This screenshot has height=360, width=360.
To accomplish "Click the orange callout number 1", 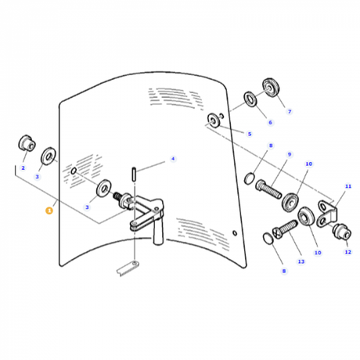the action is pos(49,211).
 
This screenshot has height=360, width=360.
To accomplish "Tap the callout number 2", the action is pos(23,168).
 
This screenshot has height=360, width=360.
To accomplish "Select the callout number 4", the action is pos(173,159).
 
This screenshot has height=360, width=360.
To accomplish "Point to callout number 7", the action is pos(290,112).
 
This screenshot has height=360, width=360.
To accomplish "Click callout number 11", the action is pos(348,186).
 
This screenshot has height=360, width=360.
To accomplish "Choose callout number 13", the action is pos(301,261).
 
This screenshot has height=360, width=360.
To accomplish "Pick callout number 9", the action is pos(290,154).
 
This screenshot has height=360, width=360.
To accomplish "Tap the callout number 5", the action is pos(250,134).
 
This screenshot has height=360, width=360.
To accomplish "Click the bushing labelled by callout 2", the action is pos(27,143).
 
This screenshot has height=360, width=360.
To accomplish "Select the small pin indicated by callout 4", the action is pos(134,173).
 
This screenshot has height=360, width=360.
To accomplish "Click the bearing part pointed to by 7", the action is pos(271,88).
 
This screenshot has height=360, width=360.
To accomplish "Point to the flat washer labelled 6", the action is pos(250,99).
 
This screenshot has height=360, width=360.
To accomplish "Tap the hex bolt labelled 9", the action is pos(268,189).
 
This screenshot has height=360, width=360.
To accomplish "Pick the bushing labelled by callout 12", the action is pos(342,232).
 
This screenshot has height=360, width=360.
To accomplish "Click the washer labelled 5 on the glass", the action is pos(214,121).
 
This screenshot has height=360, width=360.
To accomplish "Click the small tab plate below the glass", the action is pos(128,268).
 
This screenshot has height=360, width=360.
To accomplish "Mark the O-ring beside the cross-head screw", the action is pos(268,239).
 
